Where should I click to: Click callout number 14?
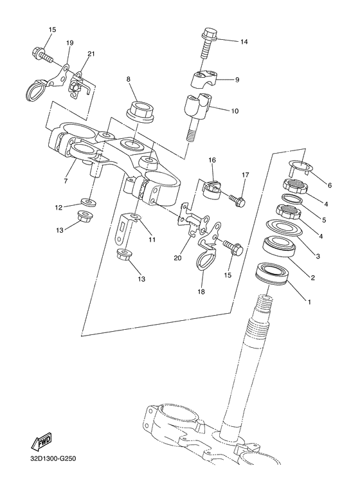[x=244, y=42]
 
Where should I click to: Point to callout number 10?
[x=235, y=111]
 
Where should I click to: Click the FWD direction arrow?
[x=42, y=443]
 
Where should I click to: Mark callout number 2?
[x=312, y=278]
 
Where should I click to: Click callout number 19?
[x=69, y=43]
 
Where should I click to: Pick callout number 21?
[x=91, y=54]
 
